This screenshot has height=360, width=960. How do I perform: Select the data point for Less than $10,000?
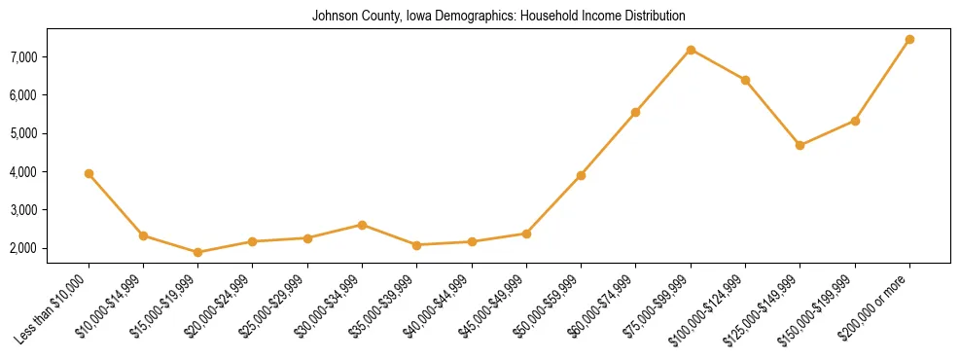pyautogui.click(x=89, y=173)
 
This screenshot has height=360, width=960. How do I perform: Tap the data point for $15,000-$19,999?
pyautogui.click(x=197, y=252)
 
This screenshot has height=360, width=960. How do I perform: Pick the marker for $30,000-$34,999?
pyautogui.click(x=362, y=225)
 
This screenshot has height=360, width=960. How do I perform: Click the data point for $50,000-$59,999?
pyautogui.click(x=581, y=175)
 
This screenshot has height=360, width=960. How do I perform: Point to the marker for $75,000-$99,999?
pyautogui.click(x=691, y=50)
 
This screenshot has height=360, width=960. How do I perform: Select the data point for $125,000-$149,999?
pyautogui.click(x=800, y=145)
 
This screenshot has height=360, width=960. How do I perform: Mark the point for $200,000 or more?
pyautogui.click(x=909, y=39)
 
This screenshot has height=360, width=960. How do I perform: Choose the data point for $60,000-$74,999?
pyautogui.click(x=635, y=112)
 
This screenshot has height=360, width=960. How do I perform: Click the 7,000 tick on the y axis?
pyautogui.click(x=50, y=57)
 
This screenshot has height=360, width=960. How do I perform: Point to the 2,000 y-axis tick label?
pyautogui.click(x=50, y=248)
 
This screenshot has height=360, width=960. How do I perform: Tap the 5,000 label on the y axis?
pyautogui.click(x=50, y=133)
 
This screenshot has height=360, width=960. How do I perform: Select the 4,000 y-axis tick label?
pyautogui.click(x=50, y=172)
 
